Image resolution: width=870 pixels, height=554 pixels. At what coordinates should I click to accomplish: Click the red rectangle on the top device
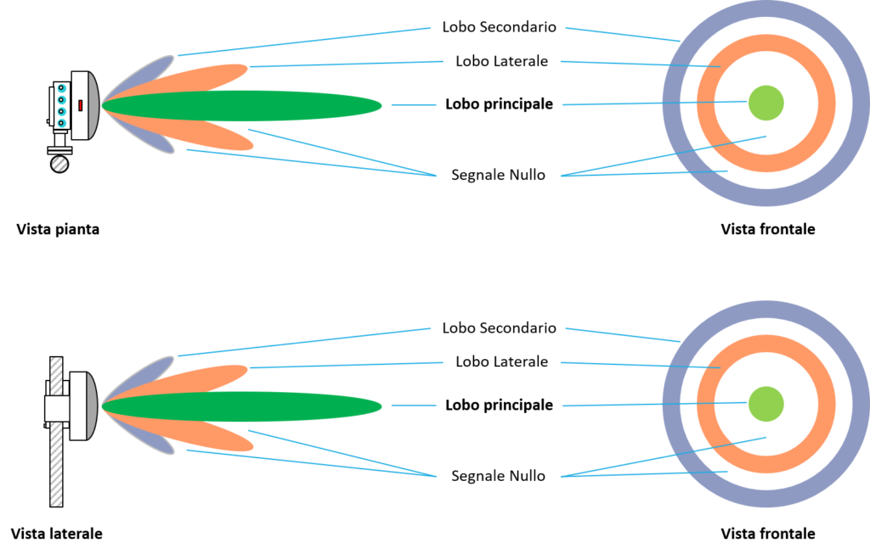tap(81, 105)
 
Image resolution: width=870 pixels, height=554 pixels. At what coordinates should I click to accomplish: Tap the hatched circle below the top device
tap(59, 165)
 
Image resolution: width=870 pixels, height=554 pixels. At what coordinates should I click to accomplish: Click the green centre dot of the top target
tap(765, 103)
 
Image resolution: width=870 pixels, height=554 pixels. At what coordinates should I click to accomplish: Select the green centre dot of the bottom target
tap(765, 404)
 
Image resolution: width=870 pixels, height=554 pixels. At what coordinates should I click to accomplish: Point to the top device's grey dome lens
tap(93, 105)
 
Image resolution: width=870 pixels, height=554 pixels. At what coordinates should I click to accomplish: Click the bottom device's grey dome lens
tap(93, 406)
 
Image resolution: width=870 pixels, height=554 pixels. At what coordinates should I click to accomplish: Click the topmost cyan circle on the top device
tap(62, 88)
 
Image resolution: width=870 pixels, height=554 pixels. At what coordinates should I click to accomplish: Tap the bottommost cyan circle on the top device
tap(62, 123)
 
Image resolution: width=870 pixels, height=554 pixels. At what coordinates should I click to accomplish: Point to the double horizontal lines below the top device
tap(59, 150)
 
